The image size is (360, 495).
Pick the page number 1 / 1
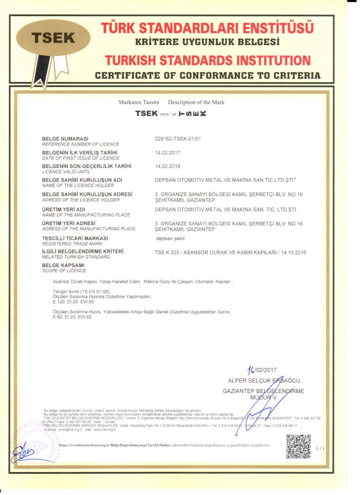[x=320, y=448]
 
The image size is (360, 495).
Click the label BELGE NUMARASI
[x=65, y=138]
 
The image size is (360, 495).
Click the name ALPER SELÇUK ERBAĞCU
[x=263, y=381]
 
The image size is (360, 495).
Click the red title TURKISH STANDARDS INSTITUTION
[x=207, y=61]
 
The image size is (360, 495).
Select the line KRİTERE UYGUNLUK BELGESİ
[x=207, y=42]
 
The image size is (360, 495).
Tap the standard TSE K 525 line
[x=231, y=252]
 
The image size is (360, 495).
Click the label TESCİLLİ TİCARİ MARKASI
[x=75, y=238]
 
